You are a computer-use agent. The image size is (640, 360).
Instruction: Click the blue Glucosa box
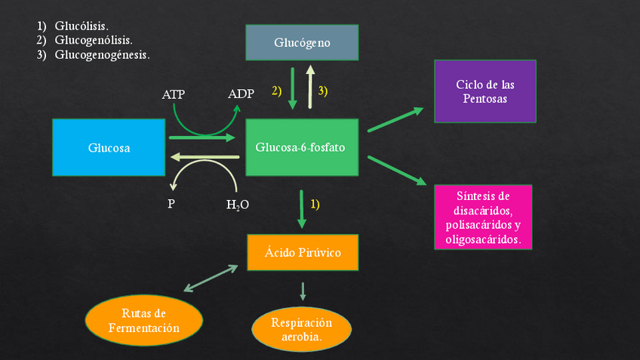click(109, 148)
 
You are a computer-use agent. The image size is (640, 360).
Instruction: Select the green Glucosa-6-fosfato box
click(300, 147)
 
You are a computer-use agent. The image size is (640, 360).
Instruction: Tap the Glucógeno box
click(302, 42)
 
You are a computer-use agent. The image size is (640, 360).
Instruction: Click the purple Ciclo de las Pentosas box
click(485, 91)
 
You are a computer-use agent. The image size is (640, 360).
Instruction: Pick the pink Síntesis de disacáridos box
click(483, 217)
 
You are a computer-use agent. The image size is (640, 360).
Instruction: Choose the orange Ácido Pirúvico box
click(303, 252)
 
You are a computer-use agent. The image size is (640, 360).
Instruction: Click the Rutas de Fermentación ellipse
click(144, 320)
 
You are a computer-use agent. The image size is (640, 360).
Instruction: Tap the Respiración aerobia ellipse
click(301, 329)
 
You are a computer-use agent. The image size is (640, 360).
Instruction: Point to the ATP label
click(174, 94)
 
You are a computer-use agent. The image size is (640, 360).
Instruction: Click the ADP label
click(241, 94)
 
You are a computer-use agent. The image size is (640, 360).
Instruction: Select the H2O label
click(238, 205)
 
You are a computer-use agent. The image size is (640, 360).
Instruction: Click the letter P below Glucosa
click(171, 204)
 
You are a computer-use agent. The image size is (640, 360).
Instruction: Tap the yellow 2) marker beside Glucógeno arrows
click(276, 91)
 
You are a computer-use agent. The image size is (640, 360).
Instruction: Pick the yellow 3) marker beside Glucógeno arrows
click(323, 91)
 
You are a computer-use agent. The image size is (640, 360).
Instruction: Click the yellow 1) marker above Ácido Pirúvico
click(315, 204)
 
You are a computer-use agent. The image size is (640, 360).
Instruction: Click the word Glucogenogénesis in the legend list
click(102, 54)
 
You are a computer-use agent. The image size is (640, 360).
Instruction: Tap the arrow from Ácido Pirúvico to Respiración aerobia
click(303, 291)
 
